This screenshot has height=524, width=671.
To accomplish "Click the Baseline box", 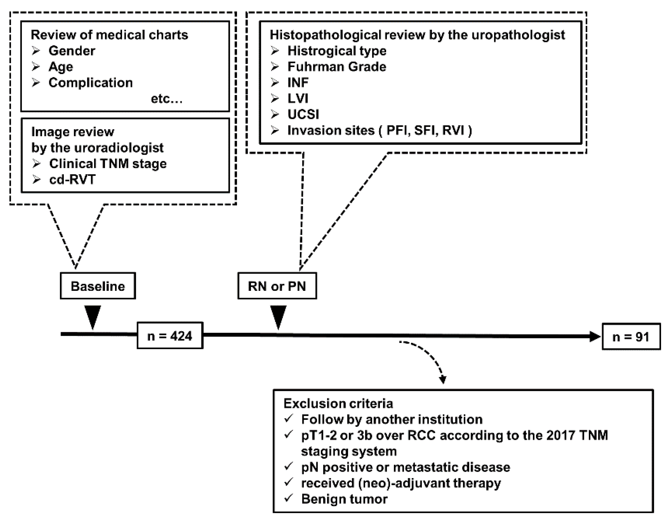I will (98, 286).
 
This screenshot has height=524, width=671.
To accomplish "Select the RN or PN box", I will (277, 286).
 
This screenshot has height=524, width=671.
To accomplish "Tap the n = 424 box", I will (170, 336).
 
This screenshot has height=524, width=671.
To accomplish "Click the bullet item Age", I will (61, 67).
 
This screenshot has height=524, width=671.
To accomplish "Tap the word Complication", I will (91, 83).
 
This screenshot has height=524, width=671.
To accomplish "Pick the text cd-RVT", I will (72, 180).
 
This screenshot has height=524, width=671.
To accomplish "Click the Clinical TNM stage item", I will (108, 163).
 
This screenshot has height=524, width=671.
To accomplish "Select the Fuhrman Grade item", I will (337, 67).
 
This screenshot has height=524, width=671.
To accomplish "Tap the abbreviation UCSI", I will (303, 114).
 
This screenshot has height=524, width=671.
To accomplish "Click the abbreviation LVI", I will (298, 99).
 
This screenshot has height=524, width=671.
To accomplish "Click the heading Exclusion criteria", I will (338, 404).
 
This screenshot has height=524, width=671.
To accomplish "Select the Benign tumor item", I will (344, 499).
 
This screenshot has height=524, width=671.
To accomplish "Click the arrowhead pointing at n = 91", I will (595, 336).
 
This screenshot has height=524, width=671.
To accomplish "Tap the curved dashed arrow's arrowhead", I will (443, 380).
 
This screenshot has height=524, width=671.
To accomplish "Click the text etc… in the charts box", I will (167, 99).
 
